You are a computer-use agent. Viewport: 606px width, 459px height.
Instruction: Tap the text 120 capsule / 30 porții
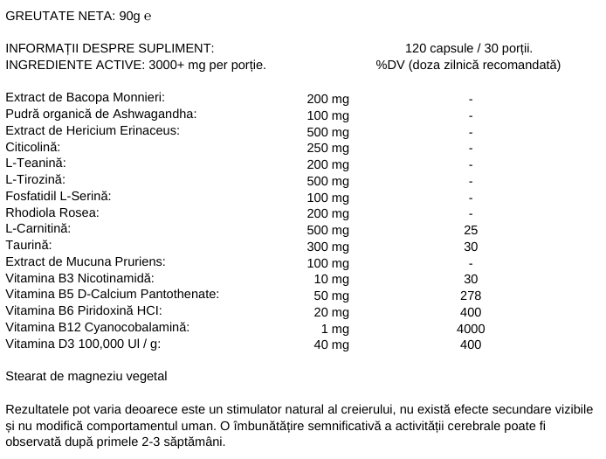pos(469,48)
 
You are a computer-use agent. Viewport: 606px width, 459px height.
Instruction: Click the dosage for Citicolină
pos(328,148)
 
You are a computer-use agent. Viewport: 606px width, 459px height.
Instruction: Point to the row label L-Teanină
pos(36,163)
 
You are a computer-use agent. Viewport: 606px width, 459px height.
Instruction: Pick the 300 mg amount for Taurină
pos(328,247)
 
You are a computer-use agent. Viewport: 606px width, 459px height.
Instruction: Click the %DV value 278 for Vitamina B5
pos(471,296)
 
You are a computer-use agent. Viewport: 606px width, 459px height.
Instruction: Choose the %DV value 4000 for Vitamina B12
pos(471,329)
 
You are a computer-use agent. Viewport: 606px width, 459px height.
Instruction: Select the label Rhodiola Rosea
pos(52,212)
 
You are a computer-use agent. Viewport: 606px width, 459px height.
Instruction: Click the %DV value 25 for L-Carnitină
pos(471,230)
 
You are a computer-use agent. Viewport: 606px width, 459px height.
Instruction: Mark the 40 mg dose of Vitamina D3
pos(332,344)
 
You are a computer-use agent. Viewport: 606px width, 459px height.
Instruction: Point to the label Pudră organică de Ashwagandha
pos(100,115)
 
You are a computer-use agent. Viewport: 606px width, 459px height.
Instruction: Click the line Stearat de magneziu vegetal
pos(86,377)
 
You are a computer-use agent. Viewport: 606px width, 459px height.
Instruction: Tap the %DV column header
pos(469,65)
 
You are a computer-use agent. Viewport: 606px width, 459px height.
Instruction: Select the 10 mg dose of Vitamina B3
pos(332,279)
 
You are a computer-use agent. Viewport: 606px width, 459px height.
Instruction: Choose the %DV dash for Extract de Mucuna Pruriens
pos(471,263)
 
